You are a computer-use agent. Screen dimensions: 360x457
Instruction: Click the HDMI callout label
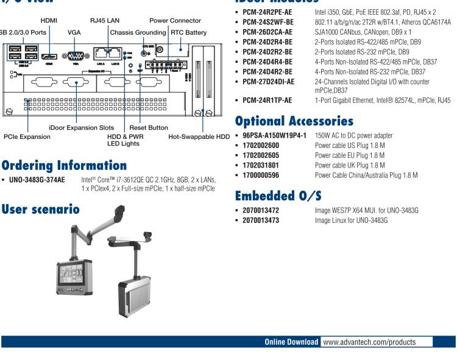[x=48, y=21]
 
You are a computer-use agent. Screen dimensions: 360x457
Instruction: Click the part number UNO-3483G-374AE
[x=37, y=180]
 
